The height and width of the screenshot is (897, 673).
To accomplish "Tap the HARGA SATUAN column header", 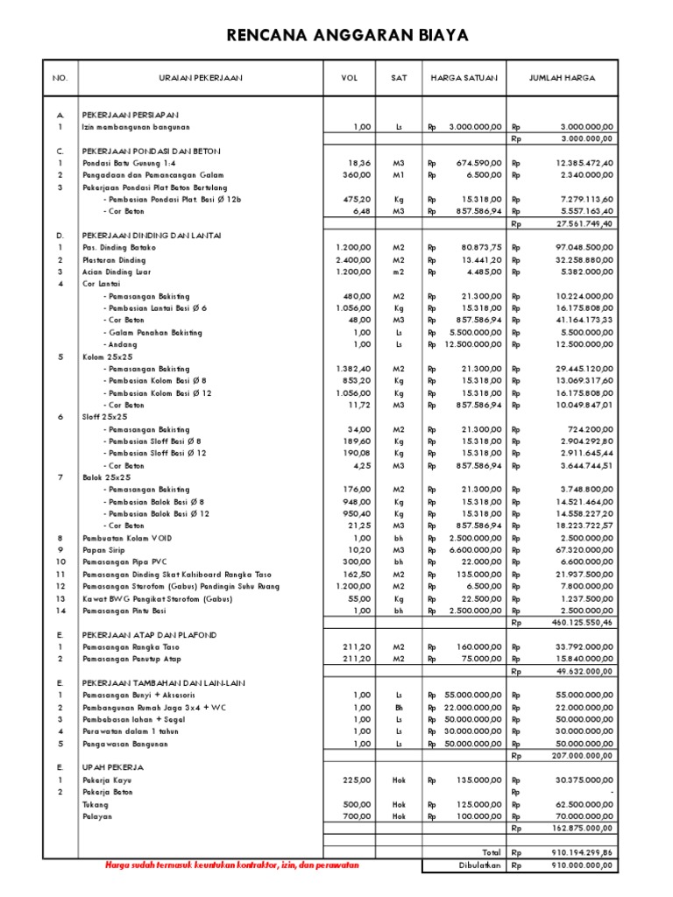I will pos(464,78).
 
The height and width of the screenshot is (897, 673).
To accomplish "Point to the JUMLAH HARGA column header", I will pos(562,78).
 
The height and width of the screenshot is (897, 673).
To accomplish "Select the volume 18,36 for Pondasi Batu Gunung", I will pos(359,163).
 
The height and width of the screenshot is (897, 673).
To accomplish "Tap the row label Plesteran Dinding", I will pos(114,260).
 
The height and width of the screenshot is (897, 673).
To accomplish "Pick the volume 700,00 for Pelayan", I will pos(358,815).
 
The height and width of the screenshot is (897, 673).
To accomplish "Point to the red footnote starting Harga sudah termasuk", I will pos(231,865).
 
